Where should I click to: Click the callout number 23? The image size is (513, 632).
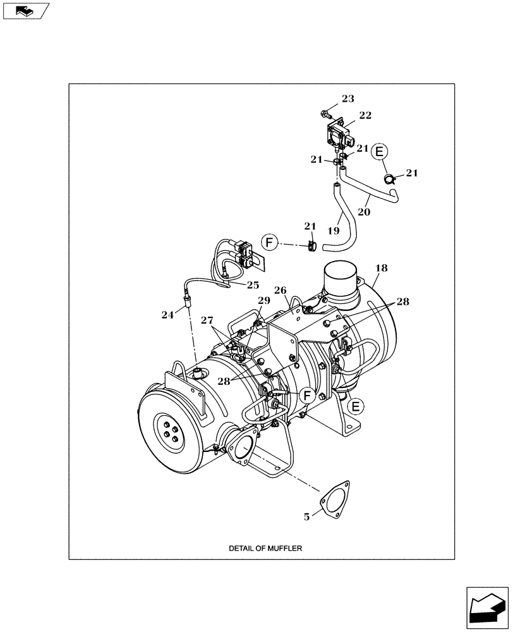tap(348, 99)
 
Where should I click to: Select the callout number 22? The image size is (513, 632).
tap(365, 115)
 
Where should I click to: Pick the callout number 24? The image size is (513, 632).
tap(167, 314)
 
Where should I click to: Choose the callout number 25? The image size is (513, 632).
tap(253, 285)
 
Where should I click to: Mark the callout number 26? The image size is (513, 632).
tap(281, 291)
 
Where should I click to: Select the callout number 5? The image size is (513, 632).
tap(306, 517)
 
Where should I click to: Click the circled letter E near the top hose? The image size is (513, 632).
tap(378, 152)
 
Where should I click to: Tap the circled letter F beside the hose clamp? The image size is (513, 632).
tap(269, 242)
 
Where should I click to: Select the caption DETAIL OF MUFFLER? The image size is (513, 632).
tap(265, 549)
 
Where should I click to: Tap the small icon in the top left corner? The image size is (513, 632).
tap(25, 10)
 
